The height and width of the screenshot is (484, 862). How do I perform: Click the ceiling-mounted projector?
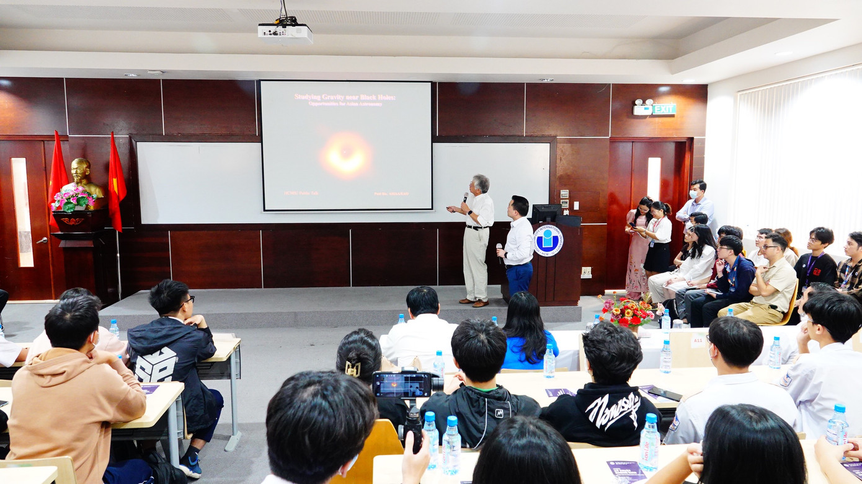[285, 32]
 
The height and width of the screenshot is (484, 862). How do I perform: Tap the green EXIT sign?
[664, 109]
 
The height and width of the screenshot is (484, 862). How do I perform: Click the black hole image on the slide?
[346, 156]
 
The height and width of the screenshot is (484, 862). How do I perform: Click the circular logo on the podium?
[548, 239]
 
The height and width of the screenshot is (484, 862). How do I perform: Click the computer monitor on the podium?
[546, 213]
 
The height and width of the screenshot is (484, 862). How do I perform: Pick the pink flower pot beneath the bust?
[73, 200]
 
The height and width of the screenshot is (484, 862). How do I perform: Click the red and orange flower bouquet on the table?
[626, 312]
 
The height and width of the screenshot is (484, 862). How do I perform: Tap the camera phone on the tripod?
[404, 385]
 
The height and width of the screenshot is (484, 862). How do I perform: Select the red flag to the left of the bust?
[58, 171]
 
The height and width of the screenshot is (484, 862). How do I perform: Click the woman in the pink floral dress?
[638, 248]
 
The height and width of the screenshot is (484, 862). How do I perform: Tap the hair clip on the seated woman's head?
[353, 368]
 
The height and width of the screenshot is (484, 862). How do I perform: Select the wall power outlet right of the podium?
[586, 271]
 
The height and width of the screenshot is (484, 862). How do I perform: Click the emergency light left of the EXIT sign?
[642, 108]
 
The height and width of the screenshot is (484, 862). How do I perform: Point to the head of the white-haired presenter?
[479, 183]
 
